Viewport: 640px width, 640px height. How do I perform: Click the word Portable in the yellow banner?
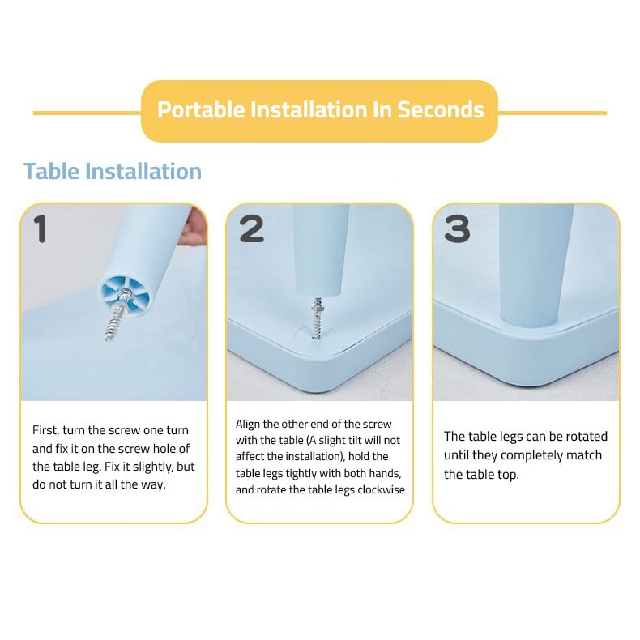pos(201,110)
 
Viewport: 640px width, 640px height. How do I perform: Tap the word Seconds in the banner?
pos(441,110)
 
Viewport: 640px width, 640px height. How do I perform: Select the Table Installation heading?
pos(113,171)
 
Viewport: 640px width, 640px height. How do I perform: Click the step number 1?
pos(40,228)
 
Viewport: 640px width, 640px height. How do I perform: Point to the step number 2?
pos(251,229)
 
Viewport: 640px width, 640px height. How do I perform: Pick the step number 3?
pos(457,229)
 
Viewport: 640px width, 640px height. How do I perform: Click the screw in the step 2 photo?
pos(317,318)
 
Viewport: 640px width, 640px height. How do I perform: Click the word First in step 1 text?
pos(45,430)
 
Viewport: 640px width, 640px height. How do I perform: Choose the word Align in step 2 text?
pos(248,424)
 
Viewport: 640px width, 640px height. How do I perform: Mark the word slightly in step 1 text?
pos(147,467)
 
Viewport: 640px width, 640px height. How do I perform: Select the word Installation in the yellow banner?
pos(309,110)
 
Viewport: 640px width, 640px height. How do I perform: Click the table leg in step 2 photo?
pos(322,249)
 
